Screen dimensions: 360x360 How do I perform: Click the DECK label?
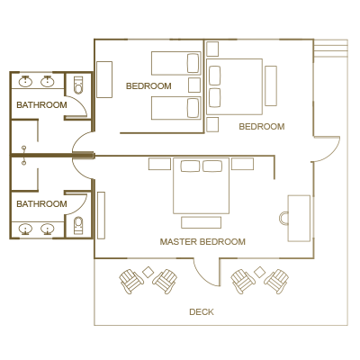click(202, 312)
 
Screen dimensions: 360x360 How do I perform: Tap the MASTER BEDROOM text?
click(202, 242)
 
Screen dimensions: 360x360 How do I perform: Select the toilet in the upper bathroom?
click(78, 85)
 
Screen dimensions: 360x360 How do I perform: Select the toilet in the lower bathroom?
click(78, 225)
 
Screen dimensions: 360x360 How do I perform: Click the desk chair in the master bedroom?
click(283, 218)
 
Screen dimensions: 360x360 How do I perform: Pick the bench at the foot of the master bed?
click(202, 222)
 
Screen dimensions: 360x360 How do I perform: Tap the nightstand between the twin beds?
click(194, 85)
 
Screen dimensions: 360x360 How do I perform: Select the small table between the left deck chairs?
click(148, 272)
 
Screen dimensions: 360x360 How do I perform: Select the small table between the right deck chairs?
click(259, 272)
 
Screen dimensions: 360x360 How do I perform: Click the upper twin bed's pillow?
click(193, 63)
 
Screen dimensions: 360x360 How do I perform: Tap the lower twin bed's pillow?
click(193, 108)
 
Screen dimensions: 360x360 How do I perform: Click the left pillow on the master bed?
click(190, 166)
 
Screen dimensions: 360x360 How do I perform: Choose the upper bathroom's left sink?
click(25, 81)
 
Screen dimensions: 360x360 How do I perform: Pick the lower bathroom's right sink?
click(47, 229)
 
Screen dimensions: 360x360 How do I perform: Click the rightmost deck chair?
click(276, 282)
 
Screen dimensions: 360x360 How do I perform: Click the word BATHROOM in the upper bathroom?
click(41, 105)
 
